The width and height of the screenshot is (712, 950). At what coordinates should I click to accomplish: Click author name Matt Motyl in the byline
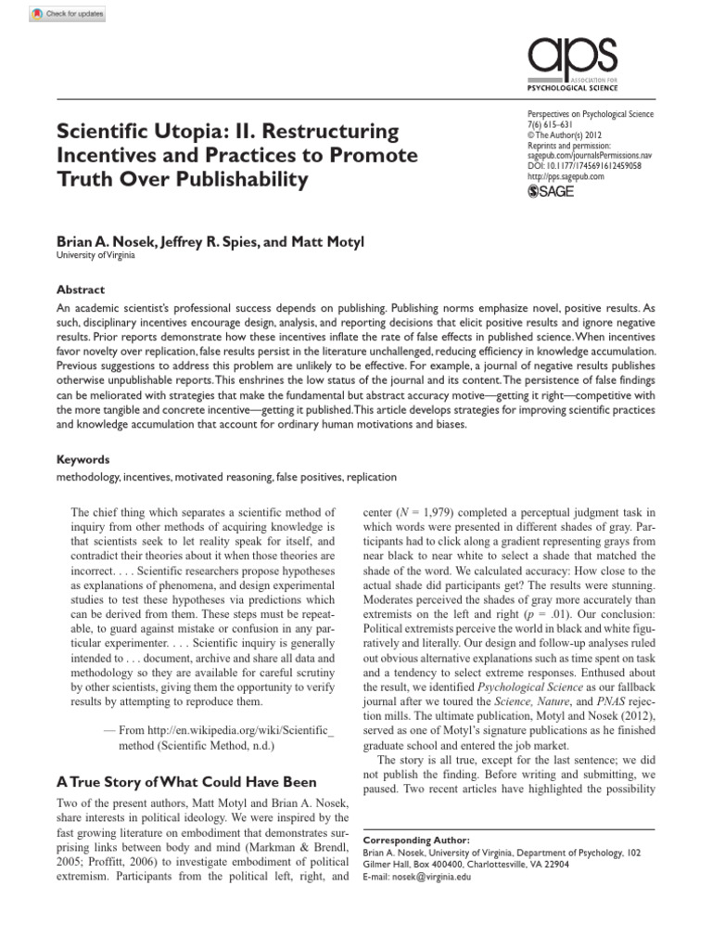(329, 241)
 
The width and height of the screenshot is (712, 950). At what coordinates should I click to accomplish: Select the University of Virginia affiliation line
(95, 256)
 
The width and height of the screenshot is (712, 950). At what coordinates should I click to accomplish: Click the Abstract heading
(81, 289)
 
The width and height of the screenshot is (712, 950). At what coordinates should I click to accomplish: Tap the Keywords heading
(83, 459)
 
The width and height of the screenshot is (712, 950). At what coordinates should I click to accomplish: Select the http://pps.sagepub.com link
(565, 175)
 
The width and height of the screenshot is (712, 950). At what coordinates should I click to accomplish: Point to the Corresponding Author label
(409, 839)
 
